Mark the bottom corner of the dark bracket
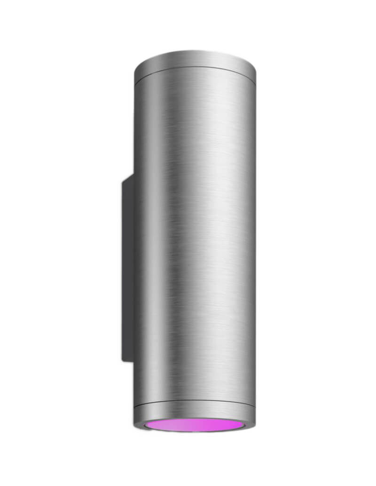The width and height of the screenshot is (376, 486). click(x=123, y=361)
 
